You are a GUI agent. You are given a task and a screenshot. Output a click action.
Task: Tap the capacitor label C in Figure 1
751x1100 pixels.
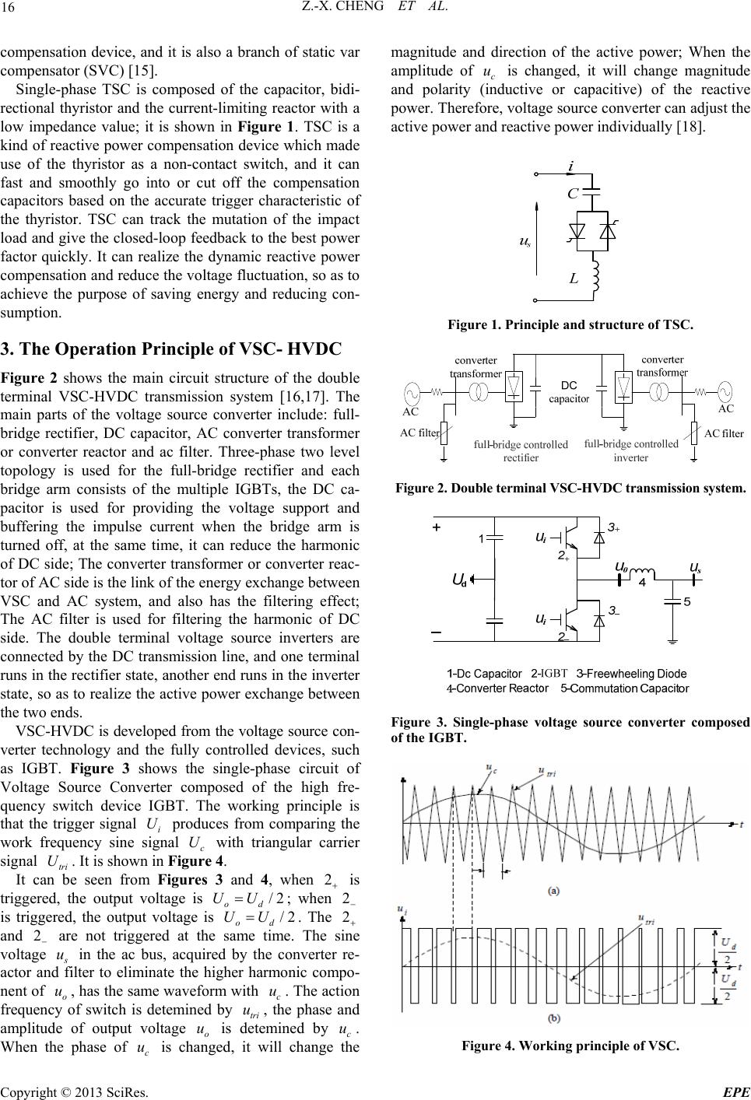pos(572,194)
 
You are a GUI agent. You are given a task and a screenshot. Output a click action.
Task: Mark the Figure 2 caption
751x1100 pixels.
pos(570,489)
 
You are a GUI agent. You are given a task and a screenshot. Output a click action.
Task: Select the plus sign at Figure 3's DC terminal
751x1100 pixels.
pos(437,527)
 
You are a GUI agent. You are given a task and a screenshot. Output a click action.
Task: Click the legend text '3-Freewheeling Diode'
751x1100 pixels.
pos(631,673)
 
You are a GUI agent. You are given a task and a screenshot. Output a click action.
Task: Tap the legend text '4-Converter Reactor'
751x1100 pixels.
pos(497,688)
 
